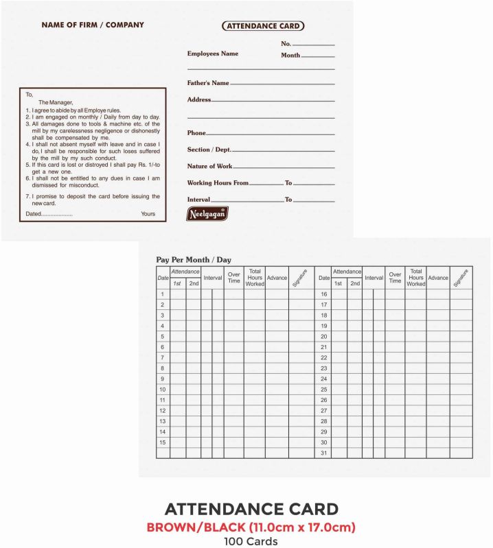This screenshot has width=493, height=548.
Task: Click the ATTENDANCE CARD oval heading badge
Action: click(x=263, y=26)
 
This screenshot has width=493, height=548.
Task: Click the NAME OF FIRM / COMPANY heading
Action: click(x=93, y=25)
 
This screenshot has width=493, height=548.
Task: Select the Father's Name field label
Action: click(x=208, y=83)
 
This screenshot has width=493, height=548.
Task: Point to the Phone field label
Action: click(x=196, y=133)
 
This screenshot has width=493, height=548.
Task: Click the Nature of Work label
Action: click(x=209, y=166)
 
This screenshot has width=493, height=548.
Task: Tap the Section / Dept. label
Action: click(x=209, y=150)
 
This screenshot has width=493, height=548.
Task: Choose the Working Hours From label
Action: click(x=218, y=183)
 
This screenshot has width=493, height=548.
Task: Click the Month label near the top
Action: click(x=290, y=56)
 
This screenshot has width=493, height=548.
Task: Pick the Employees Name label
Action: click(x=213, y=53)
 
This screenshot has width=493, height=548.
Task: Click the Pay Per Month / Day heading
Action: click(x=194, y=260)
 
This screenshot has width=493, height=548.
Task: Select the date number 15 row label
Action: click(x=163, y=442)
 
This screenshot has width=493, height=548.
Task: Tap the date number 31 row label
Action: click(x=323, y=453)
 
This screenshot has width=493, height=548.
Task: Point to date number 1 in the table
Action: click(x=163, y=294)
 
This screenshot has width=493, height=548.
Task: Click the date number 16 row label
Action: click(x=323, y=294)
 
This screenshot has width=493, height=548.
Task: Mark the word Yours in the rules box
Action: click(x=148, y=214)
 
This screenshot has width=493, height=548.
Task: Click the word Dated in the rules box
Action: click(x=34, y=214)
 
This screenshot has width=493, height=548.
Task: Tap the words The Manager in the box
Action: click(x=56, y=102)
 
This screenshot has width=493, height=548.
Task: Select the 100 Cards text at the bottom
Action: click(x=250, y=541)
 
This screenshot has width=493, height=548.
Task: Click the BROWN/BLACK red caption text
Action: click(x=251, y=527)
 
